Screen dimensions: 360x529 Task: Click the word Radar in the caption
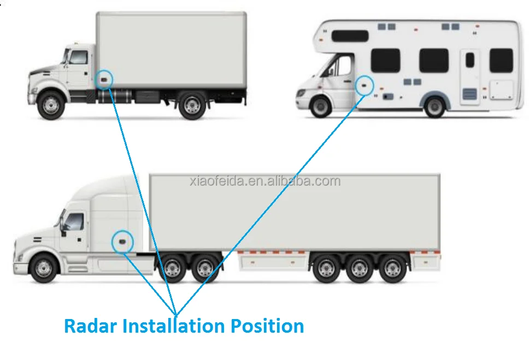coord(91,326)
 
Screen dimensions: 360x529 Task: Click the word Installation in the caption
coord(173,326)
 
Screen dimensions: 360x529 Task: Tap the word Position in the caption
coord(267,326)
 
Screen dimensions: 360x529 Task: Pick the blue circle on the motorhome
coord(365,85)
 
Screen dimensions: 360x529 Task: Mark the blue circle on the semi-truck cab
coord(122,241)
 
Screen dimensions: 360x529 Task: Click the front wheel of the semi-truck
coord(44,268)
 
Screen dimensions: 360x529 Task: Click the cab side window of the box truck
coord(78,57)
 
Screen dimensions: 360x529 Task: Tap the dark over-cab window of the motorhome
coord(350,36)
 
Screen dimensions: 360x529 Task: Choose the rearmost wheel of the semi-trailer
coord(393,269)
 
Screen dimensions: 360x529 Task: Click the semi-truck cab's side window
coord(75,222)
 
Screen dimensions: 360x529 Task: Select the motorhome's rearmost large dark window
coord(501,60)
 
